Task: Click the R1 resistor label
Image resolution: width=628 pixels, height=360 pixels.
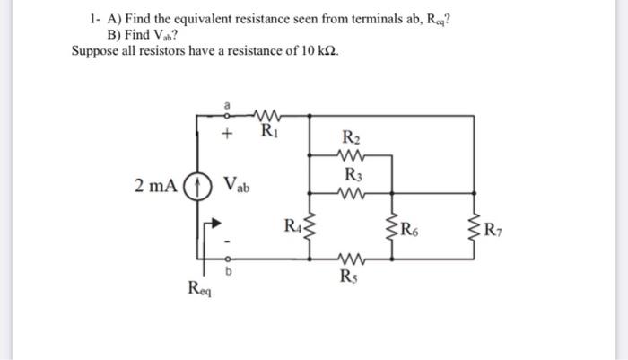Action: pos(267,136)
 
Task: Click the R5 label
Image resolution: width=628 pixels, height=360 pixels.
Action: pos(351,276)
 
